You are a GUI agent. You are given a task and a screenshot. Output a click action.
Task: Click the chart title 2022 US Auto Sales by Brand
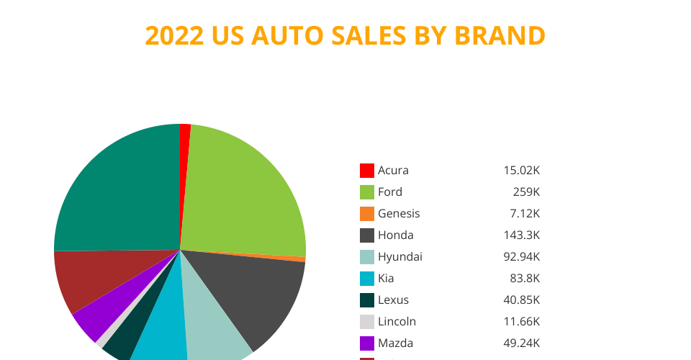[345, 35]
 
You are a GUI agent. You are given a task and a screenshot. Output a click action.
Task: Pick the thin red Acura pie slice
[185, 144]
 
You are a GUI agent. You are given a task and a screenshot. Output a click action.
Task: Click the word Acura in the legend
[393, 171]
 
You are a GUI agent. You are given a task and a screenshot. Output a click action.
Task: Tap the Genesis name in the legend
[399, 214]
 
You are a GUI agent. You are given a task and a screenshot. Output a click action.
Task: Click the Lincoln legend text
[397, 322]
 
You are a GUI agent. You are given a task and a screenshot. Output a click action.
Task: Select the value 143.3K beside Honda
[522, 235]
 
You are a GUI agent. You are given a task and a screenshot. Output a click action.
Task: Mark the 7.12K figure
[523, 214]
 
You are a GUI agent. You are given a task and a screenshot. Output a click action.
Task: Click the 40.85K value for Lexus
[522, 300]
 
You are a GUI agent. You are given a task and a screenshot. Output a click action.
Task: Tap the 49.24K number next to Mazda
[522, 343]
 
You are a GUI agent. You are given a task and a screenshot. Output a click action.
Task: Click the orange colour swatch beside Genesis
[367, 214]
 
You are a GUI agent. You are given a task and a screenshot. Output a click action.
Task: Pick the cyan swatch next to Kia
[367, 279]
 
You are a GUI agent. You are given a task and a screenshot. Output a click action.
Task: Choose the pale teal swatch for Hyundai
[367, 257]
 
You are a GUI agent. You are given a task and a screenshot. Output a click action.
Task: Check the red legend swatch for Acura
[367, 171]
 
